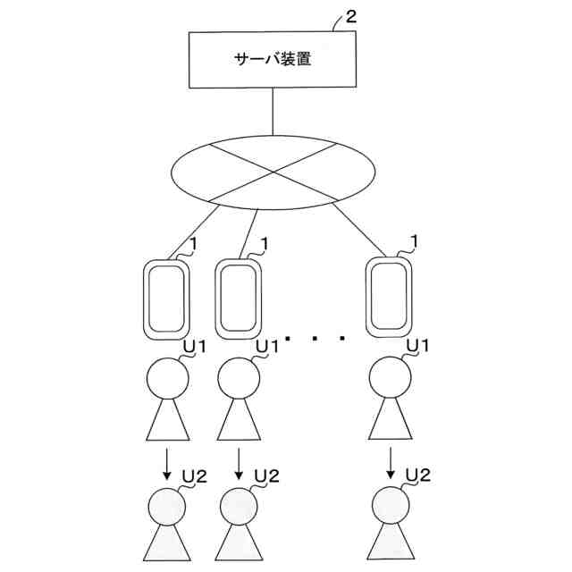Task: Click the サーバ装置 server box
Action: (x=272, y=61)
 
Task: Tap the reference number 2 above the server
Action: (x=351, y=16)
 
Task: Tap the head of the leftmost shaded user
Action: (x=167, y=507)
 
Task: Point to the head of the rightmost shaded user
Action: (x=391, y=507)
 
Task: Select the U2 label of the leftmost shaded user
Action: (x=195, y=475)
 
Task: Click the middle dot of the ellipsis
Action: (x=315, y=338)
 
